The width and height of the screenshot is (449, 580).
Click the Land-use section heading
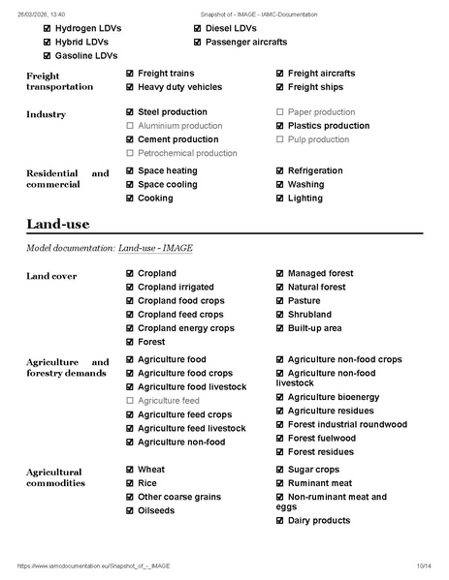tap(57, 224)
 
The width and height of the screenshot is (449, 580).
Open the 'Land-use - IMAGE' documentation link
tap(155, 249)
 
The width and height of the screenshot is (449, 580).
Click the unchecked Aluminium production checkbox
tap(130, 126)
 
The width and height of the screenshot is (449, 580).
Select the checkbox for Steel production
tap(130, 112)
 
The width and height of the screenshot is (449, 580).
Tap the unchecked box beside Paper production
tap(280, 112)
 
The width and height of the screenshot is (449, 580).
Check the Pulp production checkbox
tap(280, 139)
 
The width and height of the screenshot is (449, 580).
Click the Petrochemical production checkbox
tap(130, 153)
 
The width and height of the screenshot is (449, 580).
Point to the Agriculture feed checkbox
tap(130, 401)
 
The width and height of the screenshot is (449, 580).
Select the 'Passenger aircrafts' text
tap(246, 43)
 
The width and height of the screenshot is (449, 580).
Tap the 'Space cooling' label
tap(167, 185)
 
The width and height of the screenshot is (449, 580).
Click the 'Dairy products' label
tap(319, 521)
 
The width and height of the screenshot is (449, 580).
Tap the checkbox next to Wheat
tap(130, 470)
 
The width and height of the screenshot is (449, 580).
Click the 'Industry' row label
tap(46, 114)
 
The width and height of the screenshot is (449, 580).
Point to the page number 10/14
tap(423, 565)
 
